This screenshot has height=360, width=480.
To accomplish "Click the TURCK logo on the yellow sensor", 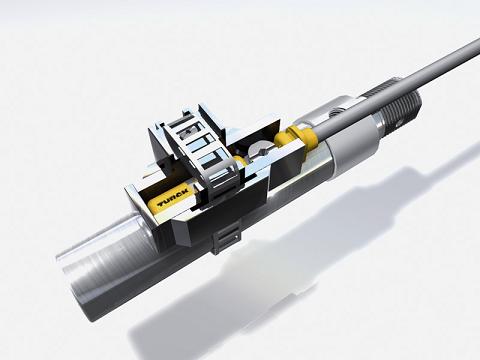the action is pos(173,197).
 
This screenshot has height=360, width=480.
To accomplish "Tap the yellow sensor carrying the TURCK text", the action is pos(171,198).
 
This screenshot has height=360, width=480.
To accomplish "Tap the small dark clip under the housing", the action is pos(227,238).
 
